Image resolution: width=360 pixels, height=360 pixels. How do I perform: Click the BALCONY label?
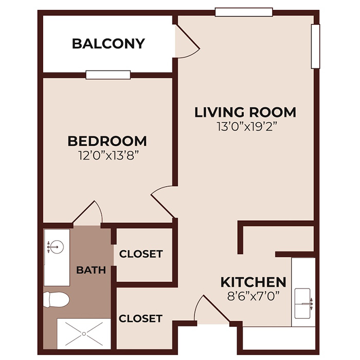tap(108, 44)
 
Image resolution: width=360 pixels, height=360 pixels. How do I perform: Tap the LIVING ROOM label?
tap(245, 112)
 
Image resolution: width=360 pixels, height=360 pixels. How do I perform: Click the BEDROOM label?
tap(107, 140)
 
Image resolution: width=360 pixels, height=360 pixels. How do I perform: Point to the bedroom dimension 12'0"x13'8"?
tap(107, 154)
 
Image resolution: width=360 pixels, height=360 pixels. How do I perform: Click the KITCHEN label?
tap(253, 282)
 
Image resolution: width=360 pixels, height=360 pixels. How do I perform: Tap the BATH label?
tap(91, 269)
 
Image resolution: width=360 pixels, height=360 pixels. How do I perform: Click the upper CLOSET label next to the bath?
tap(141, 254)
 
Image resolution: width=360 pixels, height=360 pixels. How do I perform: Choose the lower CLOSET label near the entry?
tap(141, 319)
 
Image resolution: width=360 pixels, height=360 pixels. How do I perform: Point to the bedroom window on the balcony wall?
tap(108, 75)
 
